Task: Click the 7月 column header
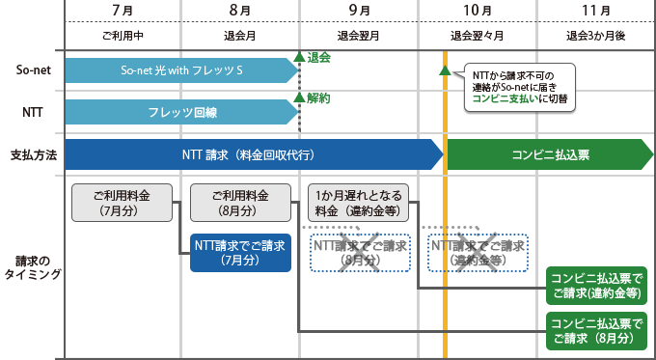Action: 123,11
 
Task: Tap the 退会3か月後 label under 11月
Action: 597,35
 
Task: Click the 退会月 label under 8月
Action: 240,35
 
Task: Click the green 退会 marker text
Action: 319,58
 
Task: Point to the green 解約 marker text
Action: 319,98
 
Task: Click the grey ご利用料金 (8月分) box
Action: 241,204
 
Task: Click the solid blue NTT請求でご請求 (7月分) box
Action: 240,253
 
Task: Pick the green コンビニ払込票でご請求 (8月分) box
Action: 594,330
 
